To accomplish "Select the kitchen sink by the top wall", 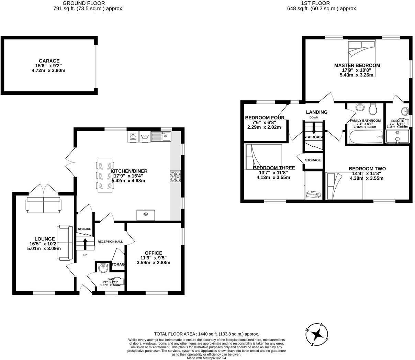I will (x=161, y=136).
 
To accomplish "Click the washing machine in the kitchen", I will (x=133, y=137).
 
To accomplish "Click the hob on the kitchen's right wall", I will (x=175, y=176).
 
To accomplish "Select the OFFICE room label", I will (x=153, y=253).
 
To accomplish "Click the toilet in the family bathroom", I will (x=373, y=110).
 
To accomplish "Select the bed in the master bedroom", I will (x=362, y=57).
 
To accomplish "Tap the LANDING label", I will (x=316, y=112).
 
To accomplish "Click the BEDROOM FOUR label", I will (x=265, y=118).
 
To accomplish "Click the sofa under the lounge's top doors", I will (x=43, y=204).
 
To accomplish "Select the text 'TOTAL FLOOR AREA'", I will (x=175, y=334).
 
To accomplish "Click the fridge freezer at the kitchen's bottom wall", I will (x=146, y=215).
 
